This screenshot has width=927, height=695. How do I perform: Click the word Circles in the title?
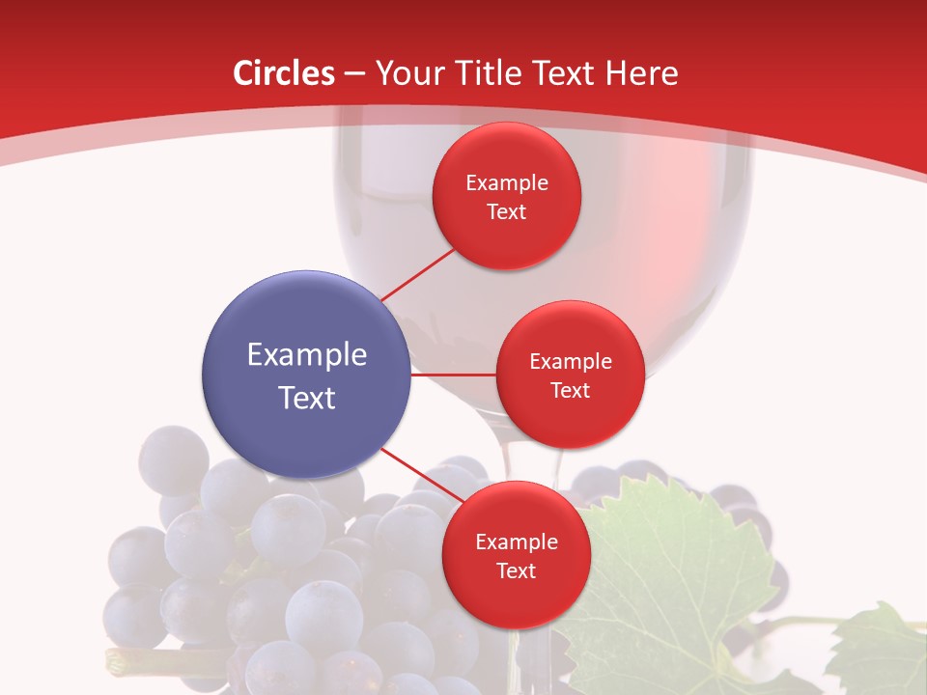284,73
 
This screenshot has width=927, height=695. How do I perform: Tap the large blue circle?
307,375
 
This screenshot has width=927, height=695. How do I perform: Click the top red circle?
506,196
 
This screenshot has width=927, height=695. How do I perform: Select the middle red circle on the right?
570,375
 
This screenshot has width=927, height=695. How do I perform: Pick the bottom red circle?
516,555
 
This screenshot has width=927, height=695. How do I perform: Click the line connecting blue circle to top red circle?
417,274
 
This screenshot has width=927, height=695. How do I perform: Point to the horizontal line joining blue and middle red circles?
453,375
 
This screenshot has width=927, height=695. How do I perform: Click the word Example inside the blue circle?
307,354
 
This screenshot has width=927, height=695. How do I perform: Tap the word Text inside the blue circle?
307,398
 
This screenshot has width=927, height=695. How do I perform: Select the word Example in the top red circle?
506,182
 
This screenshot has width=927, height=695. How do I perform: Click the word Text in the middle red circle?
570,390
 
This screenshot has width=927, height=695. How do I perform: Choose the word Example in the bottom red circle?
516,542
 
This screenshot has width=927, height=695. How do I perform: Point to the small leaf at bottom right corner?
879,647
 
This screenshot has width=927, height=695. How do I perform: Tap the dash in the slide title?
354,73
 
